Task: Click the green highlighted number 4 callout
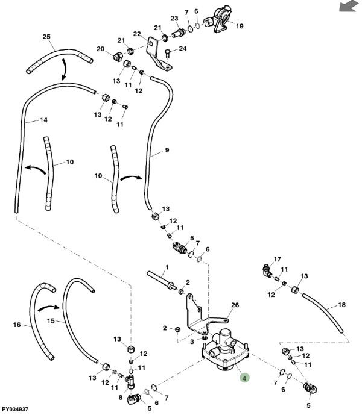tap(244, 378)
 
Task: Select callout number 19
tap(240, 26)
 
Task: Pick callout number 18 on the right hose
tap(342, 305)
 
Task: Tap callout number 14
tap(43, 120)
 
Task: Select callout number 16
tap(17, 325)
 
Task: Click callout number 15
tap(51, 321)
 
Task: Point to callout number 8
tap(121, 398)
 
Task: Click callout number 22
tap(137, 34)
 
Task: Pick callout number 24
tap(183, 48)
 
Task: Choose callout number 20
tap(101, 49)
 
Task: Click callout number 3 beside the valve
tap(192, 342)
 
